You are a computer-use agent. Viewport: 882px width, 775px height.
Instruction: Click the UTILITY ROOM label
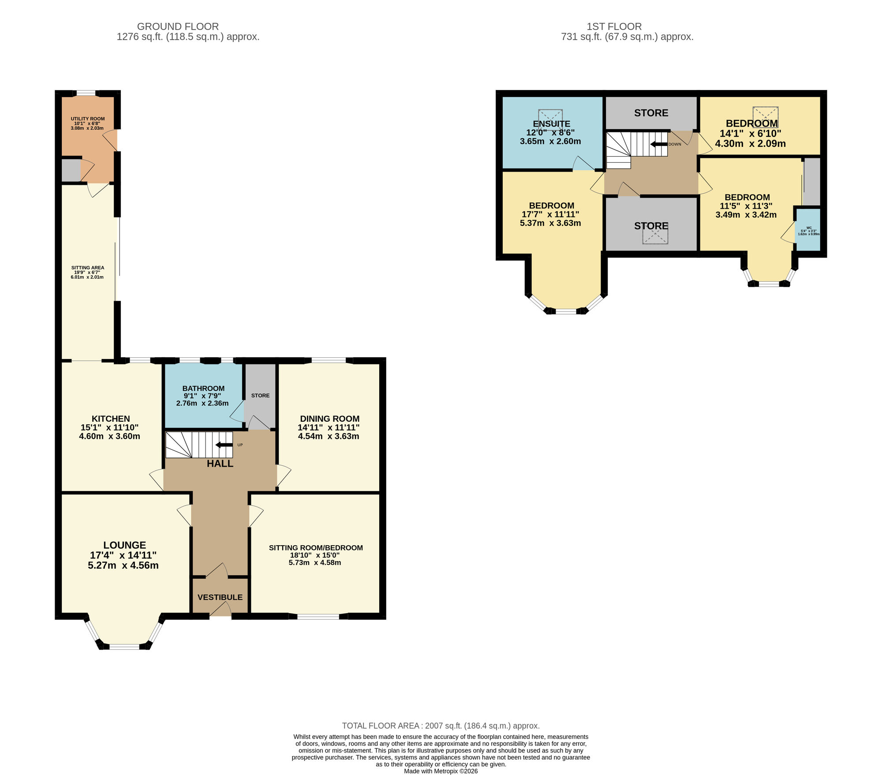click(x=88, y=119)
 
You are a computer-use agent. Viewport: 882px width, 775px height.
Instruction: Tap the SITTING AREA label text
click(x=88, y=267)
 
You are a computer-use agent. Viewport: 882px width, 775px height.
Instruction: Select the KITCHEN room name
click(x=111, y=419)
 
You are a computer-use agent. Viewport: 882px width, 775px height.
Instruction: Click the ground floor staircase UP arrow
click(x=224, y=445)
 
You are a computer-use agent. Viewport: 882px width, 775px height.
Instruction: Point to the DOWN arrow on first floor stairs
click(x=659, y=144)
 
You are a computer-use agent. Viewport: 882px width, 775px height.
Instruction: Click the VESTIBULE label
click(x=220, y=597)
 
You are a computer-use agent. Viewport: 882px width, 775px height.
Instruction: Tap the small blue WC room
click(x=808, y=229)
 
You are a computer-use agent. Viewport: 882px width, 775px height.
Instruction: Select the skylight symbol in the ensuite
click(x=550, y=117)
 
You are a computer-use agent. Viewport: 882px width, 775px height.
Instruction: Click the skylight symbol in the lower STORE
click(x=655, y=233)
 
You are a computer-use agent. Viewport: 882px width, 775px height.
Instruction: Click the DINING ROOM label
click(x=329, y=419)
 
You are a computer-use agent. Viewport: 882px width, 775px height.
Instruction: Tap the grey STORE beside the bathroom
click(x=260, y=395)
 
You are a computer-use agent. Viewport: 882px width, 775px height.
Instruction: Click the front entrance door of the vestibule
click(x=220, y=611)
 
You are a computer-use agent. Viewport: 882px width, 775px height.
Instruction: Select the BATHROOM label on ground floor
click(x=203, y=388)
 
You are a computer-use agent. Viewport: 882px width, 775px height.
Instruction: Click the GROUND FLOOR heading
click(x=178, y=26)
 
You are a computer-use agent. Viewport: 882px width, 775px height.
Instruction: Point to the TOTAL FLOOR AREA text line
click(x=441, y=726)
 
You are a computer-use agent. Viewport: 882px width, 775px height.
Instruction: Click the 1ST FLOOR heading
click(x=614, y=26)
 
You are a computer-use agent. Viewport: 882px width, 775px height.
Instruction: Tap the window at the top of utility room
click(x=86, y=93)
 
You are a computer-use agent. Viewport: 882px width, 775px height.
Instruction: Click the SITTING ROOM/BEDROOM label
click(x=316, y=548)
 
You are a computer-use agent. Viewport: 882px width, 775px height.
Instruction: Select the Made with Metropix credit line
click(x=441, y=771)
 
